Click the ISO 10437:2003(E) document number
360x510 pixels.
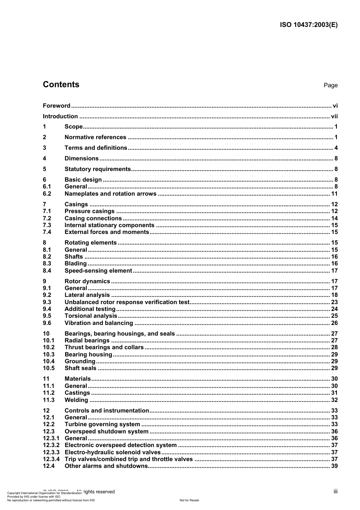308,25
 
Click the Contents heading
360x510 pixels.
61,85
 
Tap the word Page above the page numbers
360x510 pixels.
330,85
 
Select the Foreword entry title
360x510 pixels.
56,106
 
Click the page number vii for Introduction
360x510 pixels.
334,116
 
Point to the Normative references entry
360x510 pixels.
95,137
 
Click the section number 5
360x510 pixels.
44,169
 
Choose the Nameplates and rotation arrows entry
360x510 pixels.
110,194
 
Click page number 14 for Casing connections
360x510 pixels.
334,218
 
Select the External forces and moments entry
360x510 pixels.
107,232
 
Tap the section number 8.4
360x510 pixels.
47,271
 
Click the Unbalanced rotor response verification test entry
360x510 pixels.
127,302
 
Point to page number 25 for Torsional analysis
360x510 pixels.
334,316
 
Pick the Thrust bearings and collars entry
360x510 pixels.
104,347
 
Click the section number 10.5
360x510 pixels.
49,368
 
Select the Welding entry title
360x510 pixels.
76,400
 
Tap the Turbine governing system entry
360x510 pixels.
102,424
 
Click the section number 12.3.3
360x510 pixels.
51,452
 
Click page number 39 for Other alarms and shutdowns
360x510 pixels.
334,466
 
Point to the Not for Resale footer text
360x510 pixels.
189,500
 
